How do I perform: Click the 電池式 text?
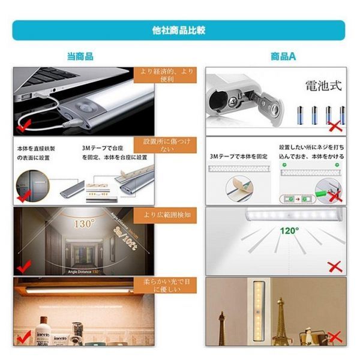tap(323, 85)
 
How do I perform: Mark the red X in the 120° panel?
tap(334, 266)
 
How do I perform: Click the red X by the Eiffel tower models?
tap(334, 337)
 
